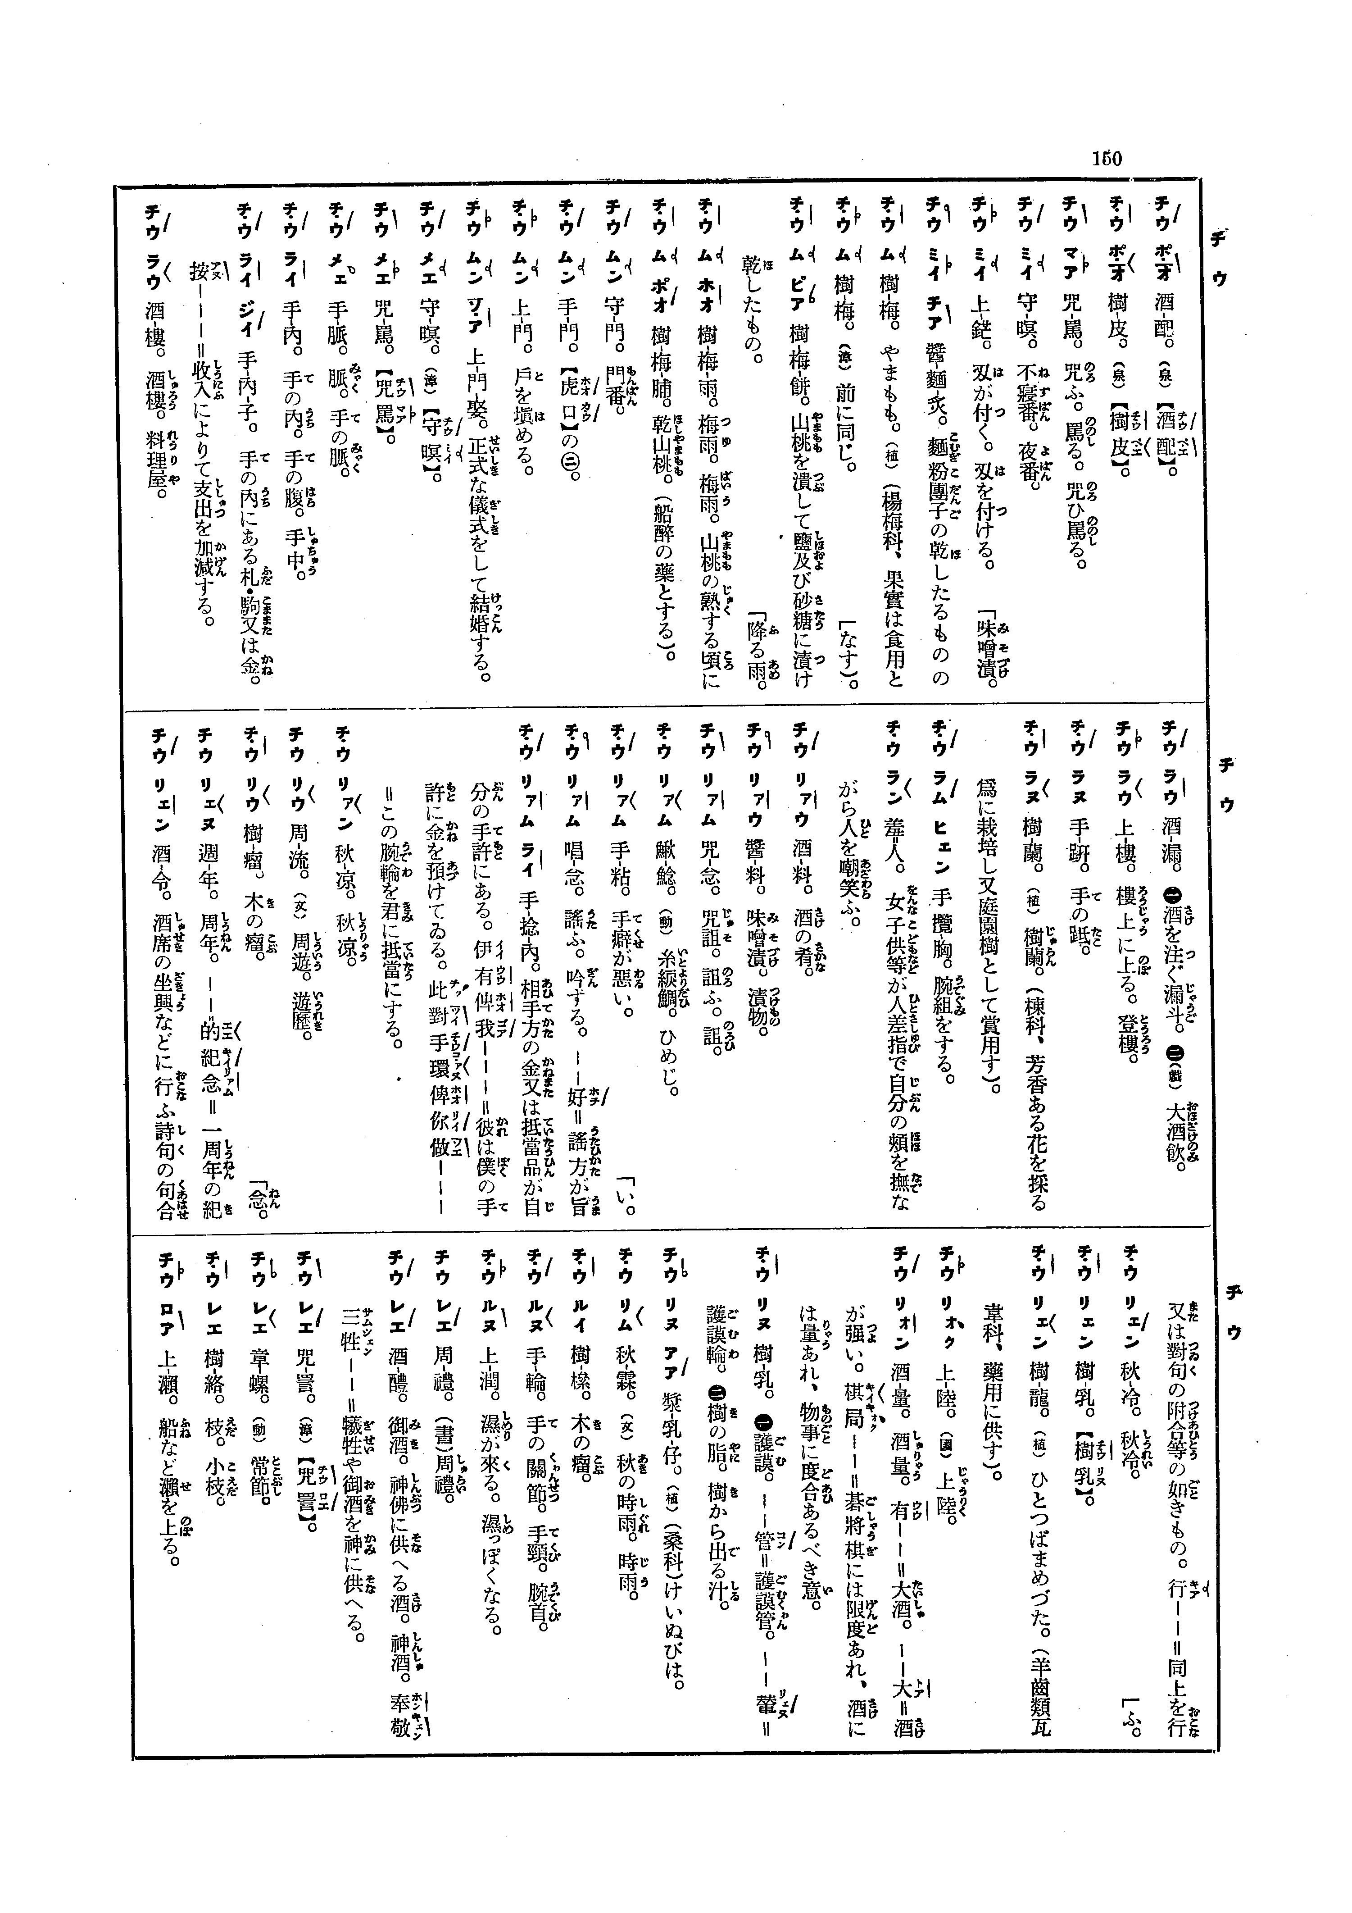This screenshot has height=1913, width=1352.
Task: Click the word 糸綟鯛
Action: coord(667,987)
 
